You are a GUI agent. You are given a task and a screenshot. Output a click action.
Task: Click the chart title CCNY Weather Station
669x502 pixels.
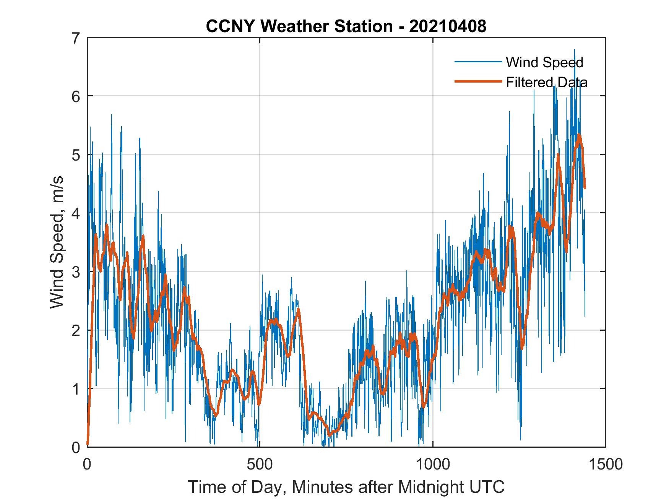(299, 26)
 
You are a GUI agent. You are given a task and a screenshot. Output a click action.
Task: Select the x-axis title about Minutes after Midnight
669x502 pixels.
(346, 487)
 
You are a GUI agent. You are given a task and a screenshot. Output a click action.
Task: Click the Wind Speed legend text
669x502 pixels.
(544, 62)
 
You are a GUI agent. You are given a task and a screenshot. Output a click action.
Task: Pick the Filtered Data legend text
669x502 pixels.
(546, 82)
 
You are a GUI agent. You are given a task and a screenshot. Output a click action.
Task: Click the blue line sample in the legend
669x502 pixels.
(478, 62)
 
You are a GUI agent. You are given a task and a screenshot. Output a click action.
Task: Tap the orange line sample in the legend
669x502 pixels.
(478, 81)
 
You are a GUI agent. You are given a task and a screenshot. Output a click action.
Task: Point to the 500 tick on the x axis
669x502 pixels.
(260, 464)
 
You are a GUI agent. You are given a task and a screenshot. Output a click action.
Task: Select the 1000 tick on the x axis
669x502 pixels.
(433, 464)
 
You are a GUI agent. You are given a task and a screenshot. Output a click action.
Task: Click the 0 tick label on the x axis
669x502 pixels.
(88, 464)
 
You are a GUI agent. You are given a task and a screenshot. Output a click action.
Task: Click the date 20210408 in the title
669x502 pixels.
(448, 26)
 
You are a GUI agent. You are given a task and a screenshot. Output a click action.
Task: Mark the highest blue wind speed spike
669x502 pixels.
(574, 50)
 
